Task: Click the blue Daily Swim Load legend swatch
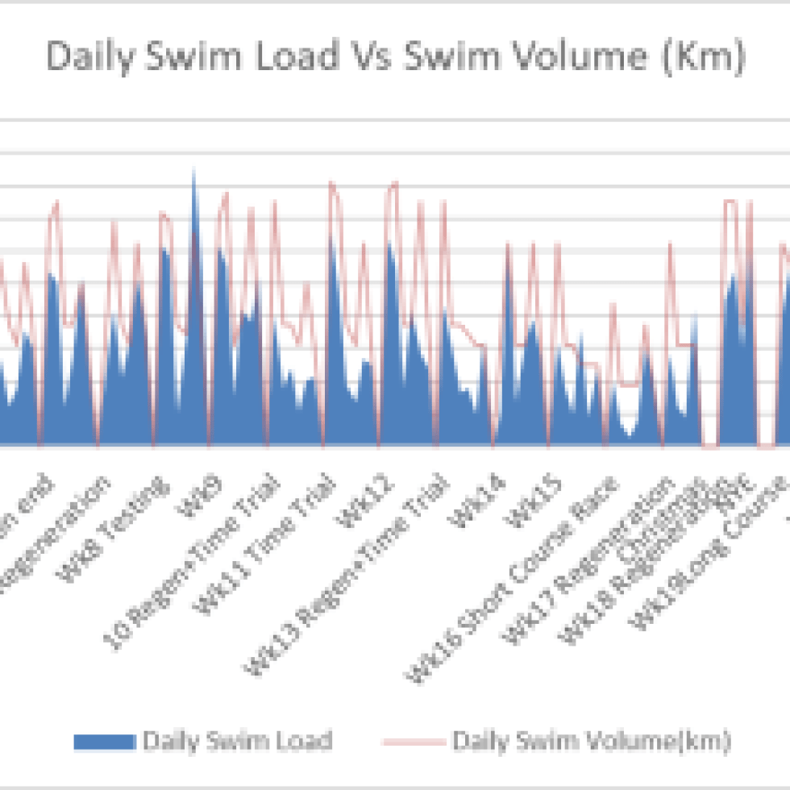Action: coord(104,741)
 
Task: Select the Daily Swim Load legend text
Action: coord(236,741)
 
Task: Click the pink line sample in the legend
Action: coord(412,741)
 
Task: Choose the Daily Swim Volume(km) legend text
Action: coord(592,741)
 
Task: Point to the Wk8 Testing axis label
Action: coord(118,510)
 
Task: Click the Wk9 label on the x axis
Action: coord(198,493)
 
